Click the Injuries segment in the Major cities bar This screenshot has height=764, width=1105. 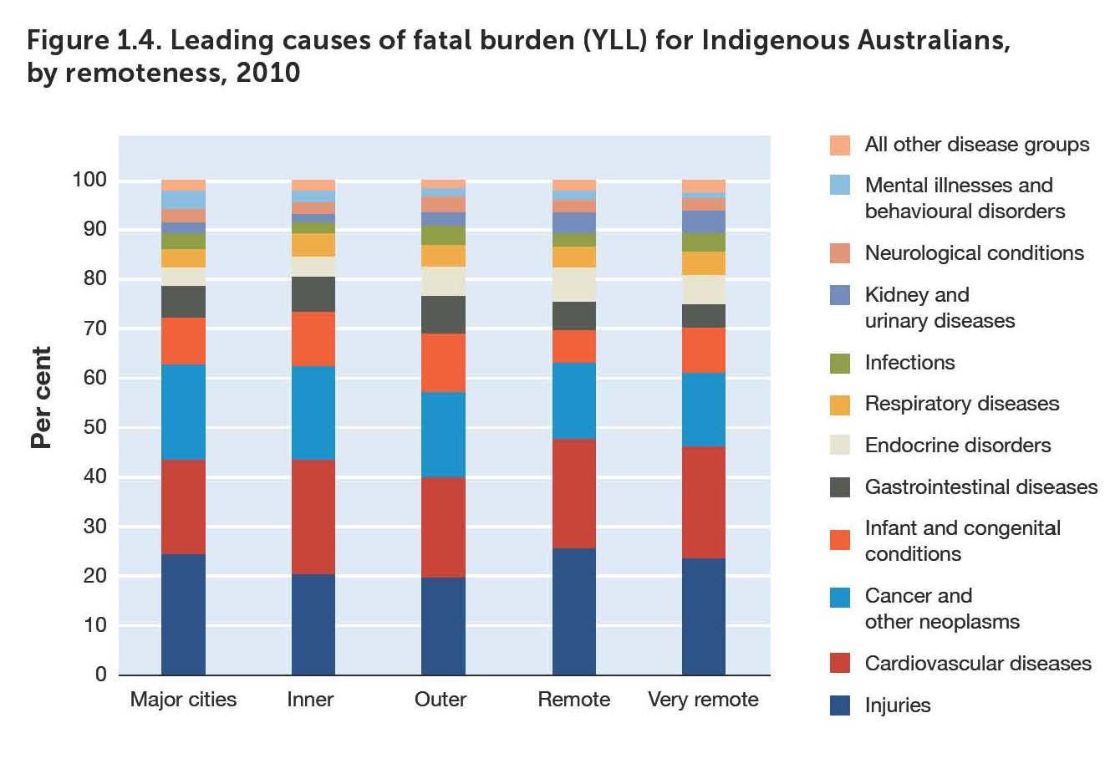click(x=183, y=614)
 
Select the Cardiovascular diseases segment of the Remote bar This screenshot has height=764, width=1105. click(x=574, y=493)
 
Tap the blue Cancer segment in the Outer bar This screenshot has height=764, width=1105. click(x=443, y=435)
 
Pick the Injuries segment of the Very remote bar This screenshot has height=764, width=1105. click(x=704, y=616)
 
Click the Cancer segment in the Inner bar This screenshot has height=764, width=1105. click(x=313, y=413)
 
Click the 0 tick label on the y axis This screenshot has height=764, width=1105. click(x=100, y=675)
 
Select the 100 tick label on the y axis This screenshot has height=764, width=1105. click(x=89, y=180)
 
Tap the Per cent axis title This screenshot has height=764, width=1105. click(x=41, y=397)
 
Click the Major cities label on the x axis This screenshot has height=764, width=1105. click(x=183, y=700)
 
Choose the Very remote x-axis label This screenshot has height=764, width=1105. click(x=703, y=700)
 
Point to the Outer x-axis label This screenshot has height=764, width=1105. click(x=440, y=700)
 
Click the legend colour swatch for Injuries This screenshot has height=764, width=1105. click(x=839, y=705)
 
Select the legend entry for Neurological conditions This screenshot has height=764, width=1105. click(x=974, y=253)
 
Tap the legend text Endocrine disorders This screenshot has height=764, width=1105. click(x=957, y=446)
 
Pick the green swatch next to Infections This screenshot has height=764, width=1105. click(x=839, y=363)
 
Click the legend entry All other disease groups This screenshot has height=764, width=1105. click(x=976, y=145)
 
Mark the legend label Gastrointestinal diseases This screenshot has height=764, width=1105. click(x=980, y=487)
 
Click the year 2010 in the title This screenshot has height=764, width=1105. click(x=268, y=73)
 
